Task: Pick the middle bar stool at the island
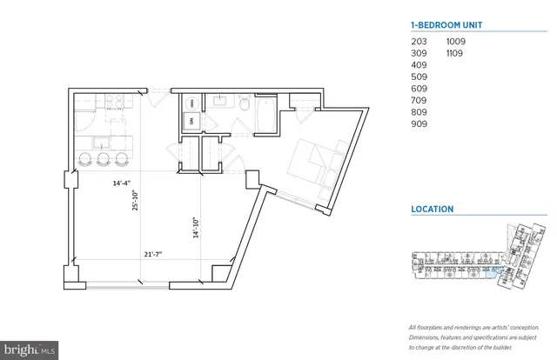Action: pos(104,159)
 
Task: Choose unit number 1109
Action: pos(453,53)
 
